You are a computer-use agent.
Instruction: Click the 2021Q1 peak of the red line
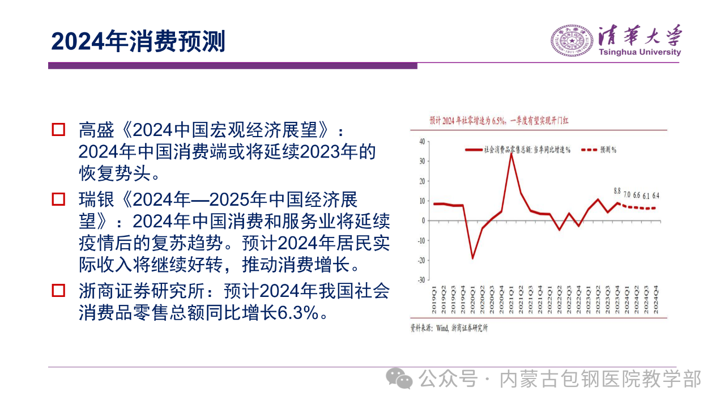coord(511,154)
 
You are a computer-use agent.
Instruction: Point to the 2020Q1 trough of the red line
coord(472,258)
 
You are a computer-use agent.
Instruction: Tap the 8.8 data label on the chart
coord(617,191)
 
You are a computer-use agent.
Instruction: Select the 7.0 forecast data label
coord(627,195)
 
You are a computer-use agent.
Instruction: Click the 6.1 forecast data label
coord(646,196)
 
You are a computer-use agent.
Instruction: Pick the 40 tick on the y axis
coord(421,141)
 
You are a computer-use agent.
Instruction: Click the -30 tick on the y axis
coord(421,280)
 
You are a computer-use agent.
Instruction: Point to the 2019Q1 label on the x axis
coord(434,298)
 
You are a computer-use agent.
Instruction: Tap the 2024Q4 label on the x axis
coord(656,298)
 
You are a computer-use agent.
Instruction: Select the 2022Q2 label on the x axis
coord(560,298)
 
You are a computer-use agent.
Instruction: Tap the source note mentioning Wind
coord(449,328)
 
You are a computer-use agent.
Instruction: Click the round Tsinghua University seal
coord(572,40)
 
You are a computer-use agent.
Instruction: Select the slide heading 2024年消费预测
coord(138,42)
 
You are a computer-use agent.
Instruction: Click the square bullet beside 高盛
coord(58,130)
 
